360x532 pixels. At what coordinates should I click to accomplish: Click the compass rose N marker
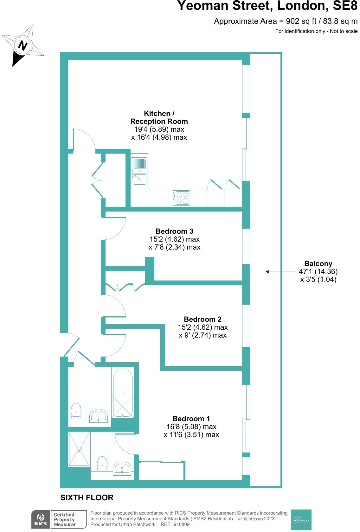(22, 45)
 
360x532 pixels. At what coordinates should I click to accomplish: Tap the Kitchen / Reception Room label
(159, 117)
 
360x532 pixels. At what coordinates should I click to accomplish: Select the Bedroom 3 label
(174, 231)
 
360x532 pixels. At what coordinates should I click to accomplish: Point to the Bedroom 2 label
(202, 319)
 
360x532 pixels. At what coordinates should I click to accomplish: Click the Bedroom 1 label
(191, 419)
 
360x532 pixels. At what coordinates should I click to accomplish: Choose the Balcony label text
(318, 263)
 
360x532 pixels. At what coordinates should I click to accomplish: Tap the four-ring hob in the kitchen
(181, 198)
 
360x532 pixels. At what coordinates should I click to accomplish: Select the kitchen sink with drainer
(139, 171)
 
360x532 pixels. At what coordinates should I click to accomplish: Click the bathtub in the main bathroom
(122, 393)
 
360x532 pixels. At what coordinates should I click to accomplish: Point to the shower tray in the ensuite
(79, 449)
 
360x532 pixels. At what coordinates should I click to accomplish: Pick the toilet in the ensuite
(102, 463)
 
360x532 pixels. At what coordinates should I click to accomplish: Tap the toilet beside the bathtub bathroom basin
(76, 410)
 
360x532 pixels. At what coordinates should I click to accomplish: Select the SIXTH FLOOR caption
(87, 497)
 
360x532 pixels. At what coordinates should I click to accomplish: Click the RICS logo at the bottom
(41, 520)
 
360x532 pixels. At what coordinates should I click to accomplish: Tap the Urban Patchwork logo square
(301, 520)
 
